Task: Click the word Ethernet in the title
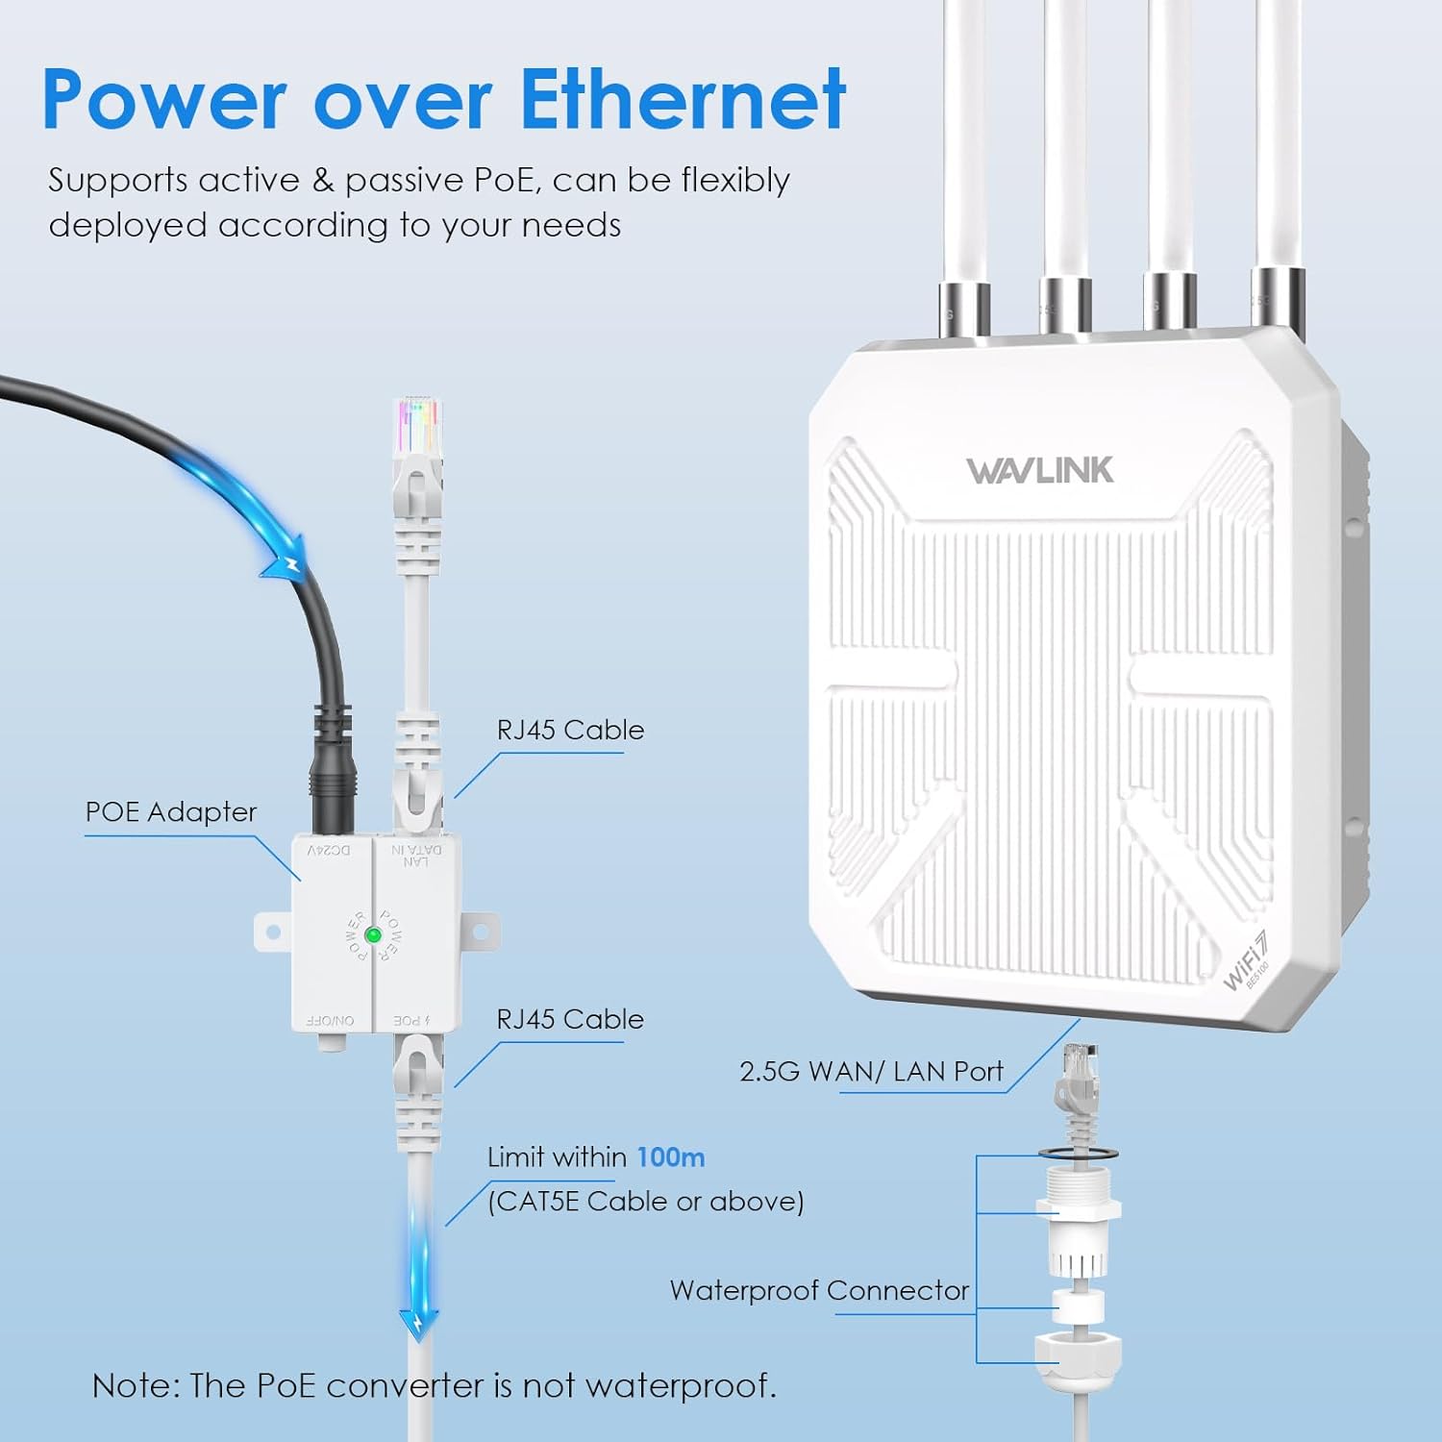tap(683, 100)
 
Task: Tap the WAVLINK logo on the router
tap(1040, 470)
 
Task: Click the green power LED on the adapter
tap(373, 934)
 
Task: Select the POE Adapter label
tap(171, 812)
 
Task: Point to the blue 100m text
tap(670, 1157)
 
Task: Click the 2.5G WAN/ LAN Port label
tap(871, 1072)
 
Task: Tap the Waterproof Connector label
tap(819, 1290)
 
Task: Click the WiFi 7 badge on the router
tap(1246, 962)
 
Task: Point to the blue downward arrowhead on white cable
tap(419, 1324)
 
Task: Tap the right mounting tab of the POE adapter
tap(480, 932)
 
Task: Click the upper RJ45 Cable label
tap(570, 731)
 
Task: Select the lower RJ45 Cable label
tap(570, 1020)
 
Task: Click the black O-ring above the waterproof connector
tap(1078, 1152)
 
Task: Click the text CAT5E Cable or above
tap(645, 1202)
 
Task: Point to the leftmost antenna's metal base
tap(965, 309)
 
